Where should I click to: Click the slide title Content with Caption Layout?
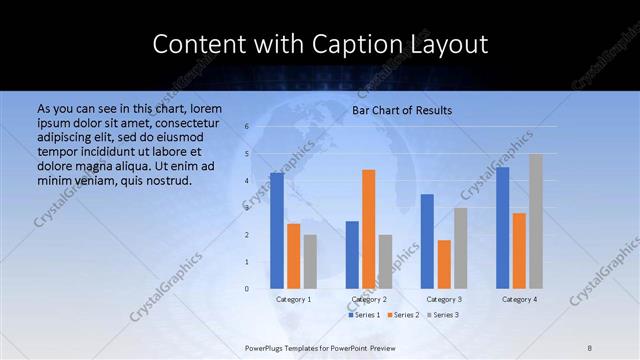click(320, 45)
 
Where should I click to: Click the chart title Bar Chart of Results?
click(402, 110)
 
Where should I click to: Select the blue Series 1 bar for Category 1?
click(277, 231)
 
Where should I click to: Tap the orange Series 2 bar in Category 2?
click(369, 229)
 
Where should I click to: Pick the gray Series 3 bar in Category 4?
click(536, 221)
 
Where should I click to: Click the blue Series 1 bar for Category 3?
click(427, 241)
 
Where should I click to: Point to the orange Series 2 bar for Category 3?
click(444, 264)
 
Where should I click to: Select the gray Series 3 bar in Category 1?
click(310, 261)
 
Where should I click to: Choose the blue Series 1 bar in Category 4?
click(503, 228)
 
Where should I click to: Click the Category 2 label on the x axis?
click(369, 299)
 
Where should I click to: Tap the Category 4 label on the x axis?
click(519, 299)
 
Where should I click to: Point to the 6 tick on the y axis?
click(246, 127)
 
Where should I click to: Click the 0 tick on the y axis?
click(246, 289)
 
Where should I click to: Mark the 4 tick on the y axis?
click(246, 181)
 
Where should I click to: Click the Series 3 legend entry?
click(445, 315)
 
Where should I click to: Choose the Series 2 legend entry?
click(405, 315)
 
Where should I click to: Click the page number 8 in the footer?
click(590, 347)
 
